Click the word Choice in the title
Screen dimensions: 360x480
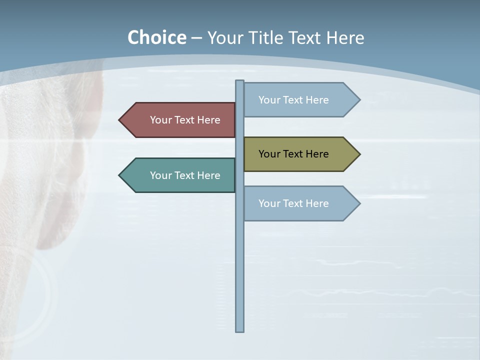click(156, 37)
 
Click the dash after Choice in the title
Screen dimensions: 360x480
click(196, 38)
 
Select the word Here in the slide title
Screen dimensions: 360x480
click(345, 37)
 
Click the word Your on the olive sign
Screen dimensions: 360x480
click(269, 154)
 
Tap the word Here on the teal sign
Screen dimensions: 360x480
click(208, 175)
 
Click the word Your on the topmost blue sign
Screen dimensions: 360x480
click(269, 100)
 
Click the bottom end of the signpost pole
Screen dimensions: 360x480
click(240, 329)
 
